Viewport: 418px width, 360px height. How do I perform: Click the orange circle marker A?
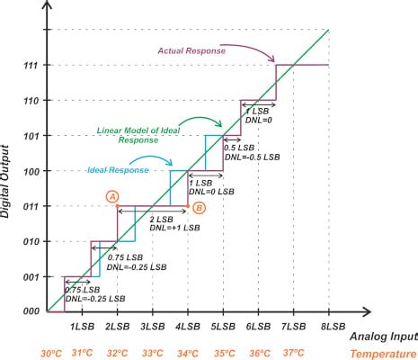tap(111, 195)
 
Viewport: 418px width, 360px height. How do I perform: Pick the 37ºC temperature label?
tap(293, 353)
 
